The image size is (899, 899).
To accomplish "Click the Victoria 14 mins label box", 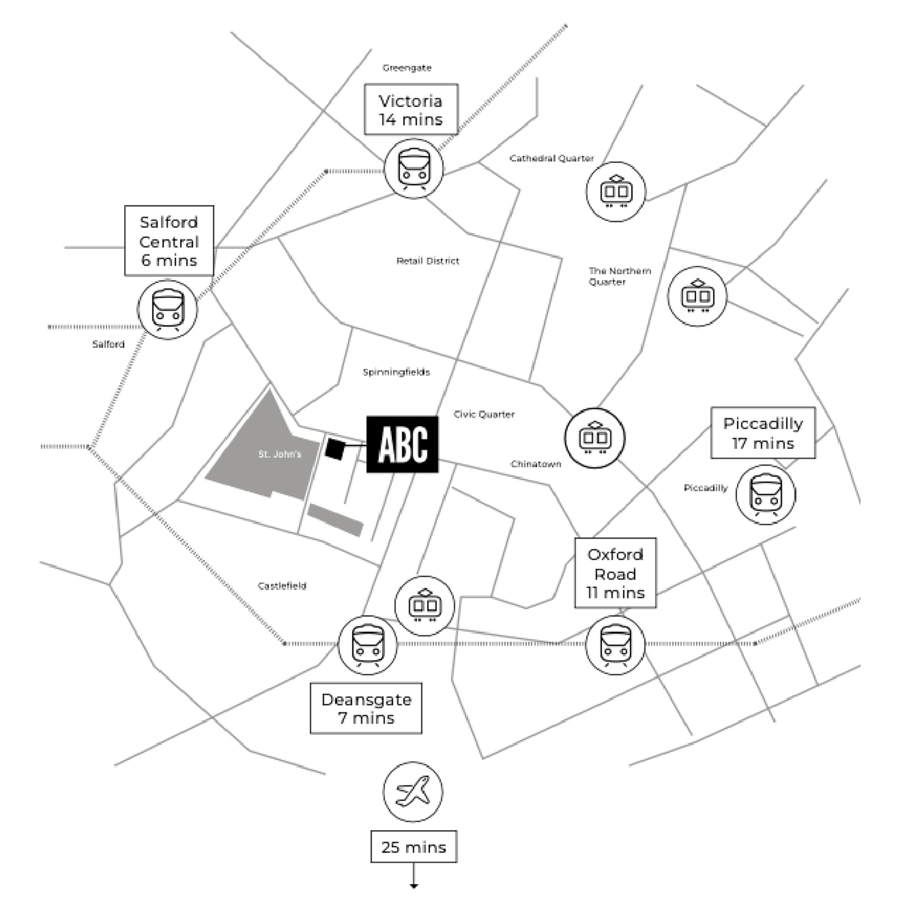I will [411, 110].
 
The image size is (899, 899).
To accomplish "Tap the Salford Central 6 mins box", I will [169, 240].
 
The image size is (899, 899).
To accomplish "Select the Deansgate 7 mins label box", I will [366, 708].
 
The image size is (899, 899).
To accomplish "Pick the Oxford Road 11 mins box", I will [615, 573].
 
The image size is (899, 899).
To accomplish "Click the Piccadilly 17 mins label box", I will [763, 433].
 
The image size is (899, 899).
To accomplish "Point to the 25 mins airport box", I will [414, 846].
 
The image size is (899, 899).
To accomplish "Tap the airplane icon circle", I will [413, 792].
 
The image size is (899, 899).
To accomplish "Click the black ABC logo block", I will [402, 445].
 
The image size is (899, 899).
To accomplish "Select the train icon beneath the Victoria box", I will [414, 169].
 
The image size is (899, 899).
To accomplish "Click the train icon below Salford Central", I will [168, 309].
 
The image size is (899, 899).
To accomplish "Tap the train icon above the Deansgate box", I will [368, 645].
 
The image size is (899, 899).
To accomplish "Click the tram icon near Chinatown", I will [595, 438].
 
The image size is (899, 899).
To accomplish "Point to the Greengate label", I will [407, 68].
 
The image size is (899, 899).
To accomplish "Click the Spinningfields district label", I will [396, 372].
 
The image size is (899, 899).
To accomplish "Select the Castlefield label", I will [282, 586].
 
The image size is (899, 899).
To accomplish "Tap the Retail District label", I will [427, 261].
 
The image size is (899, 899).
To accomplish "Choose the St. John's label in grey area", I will [280, 454].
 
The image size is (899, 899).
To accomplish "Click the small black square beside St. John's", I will [335, 449].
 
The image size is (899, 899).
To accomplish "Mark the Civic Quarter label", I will [484, 414].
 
